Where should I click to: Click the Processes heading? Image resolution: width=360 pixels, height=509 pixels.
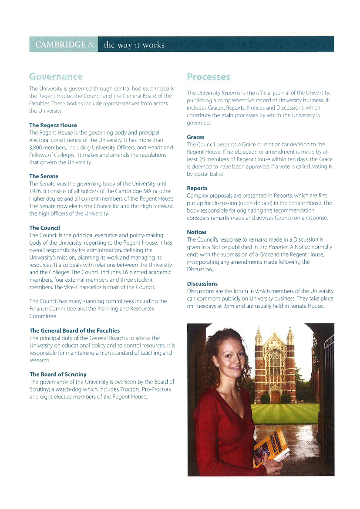[208, 77]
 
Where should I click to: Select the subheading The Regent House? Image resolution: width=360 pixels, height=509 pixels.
[53, 125]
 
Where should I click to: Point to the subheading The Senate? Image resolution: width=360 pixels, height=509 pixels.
[44, 176]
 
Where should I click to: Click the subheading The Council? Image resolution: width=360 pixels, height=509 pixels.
[44, 228]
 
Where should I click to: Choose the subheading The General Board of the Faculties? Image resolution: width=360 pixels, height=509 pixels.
[74, 330]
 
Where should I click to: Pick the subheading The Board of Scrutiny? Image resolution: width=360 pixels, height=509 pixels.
[58, 374]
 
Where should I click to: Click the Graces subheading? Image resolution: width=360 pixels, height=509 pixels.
[195, 137]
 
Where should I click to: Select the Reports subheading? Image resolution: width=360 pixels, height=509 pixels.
[197, 188]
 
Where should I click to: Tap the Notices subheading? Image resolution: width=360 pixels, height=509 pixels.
[197, 232]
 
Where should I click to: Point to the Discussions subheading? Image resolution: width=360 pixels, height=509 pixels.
[202, 283]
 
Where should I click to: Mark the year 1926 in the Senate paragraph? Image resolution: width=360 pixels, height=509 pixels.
[36, 191]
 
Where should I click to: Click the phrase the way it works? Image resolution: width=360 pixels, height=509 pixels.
[134, 45]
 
